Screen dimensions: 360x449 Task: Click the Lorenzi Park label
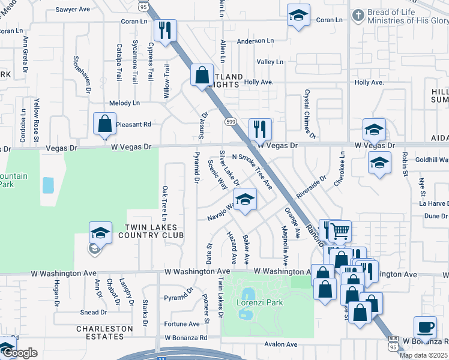click(267, 303)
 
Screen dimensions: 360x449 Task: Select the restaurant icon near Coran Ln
click(164, 29)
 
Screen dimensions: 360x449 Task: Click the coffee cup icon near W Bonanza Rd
click(425, 328)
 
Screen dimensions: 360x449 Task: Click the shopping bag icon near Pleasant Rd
click(104, 124)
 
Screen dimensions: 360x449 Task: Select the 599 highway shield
click(230, 121)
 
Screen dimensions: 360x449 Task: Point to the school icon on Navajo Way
click(244, 200)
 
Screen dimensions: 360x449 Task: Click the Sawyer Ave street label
click(72, 10)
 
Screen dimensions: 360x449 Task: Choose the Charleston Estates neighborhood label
click(104, 332)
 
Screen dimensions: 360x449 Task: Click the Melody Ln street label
click(124, 103)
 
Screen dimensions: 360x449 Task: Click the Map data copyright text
click(424, 355)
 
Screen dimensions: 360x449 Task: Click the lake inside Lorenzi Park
click(247, 294)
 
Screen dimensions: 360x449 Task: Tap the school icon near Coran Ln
click(298, 16)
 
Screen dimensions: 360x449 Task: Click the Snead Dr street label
click(94, 313)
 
